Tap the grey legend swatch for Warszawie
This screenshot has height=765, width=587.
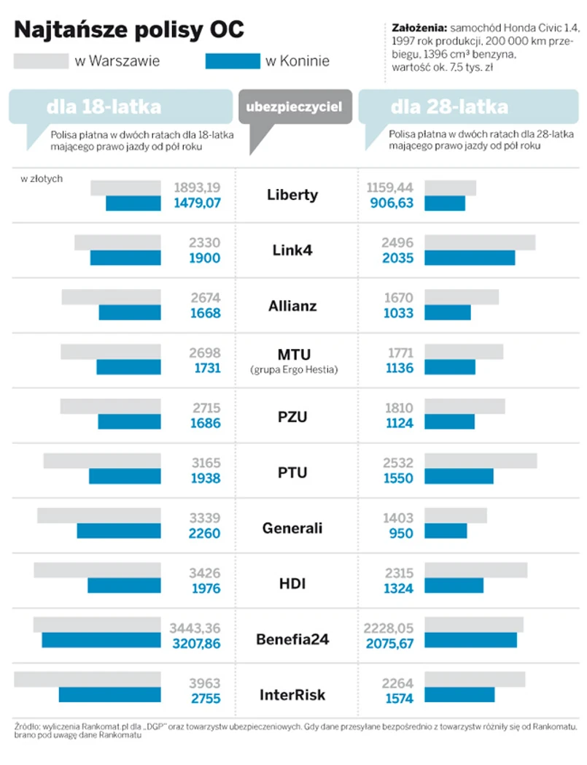pos(41,61)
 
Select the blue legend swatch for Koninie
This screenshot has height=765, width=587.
pos(233,61)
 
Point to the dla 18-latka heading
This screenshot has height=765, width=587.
pos(104,107)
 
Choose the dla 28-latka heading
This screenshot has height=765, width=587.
pos(449,107)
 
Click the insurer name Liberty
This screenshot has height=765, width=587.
pos(292,195)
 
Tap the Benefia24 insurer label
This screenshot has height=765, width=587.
pos(292,639)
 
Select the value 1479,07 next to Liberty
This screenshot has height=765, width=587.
pos(197,203)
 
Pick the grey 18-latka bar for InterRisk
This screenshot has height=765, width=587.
pos(87,680)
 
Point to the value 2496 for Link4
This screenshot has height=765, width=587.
pos(397,242)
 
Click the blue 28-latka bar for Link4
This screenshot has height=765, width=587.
pos(470,258)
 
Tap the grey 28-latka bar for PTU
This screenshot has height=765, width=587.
pos(481,461)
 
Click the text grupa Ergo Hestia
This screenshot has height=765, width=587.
pos(293,370)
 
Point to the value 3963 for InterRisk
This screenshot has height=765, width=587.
pos(204,684)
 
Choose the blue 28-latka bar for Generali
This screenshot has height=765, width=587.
pos(446,531)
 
